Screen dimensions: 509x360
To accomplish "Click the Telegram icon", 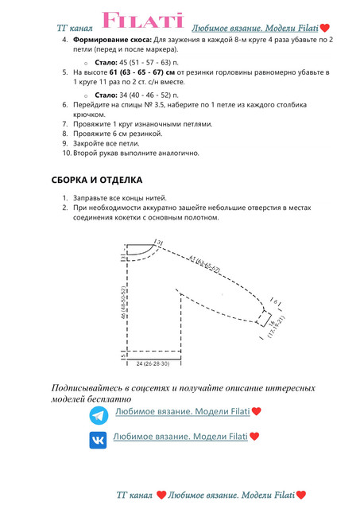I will click(99, 415).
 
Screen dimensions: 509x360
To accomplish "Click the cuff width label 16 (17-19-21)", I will click(274, 328).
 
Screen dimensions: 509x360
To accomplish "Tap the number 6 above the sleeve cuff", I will click(275, 303).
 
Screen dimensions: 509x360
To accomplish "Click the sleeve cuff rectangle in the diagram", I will click(263, 317).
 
